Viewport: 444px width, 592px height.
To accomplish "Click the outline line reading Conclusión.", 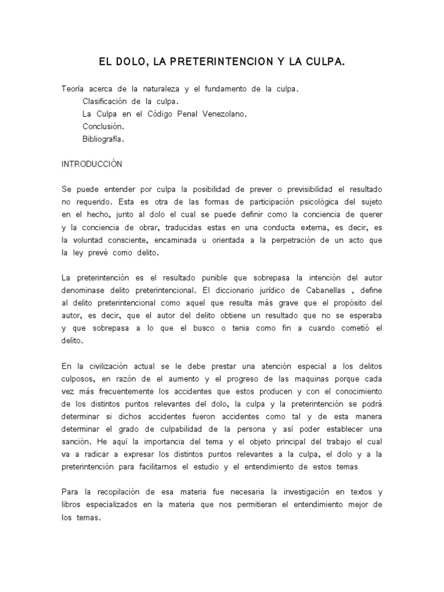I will [x=103, y=126].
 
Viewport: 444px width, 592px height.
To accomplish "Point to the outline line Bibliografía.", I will [x=103, y=139].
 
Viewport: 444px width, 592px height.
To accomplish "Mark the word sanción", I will [x=77, y=442].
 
